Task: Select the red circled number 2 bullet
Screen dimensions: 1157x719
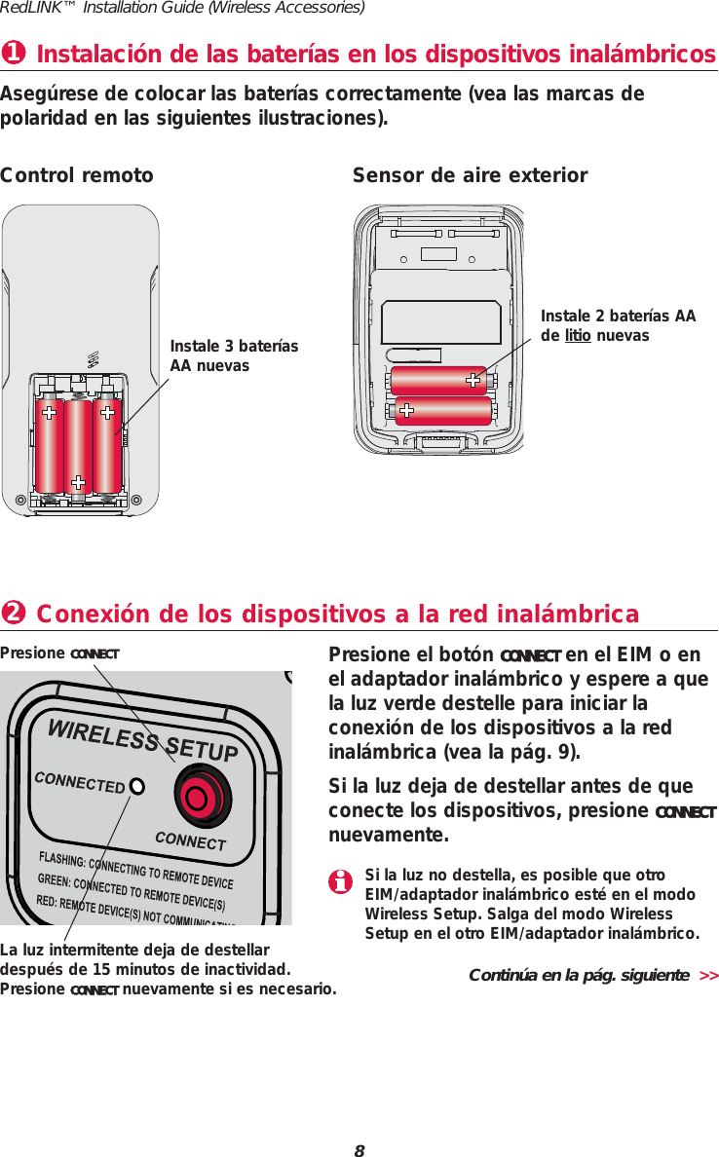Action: coord(13,614)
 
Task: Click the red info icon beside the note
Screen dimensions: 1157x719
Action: coord(340,882)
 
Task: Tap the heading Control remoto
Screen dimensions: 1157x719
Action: coord(77,175)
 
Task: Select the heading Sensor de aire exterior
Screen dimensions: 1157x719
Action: coord(470,175)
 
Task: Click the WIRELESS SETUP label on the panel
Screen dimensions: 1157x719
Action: coord(143,741)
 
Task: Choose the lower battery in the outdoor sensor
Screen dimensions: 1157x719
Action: coord(442,411)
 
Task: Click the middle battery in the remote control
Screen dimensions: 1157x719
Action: coord(78,444)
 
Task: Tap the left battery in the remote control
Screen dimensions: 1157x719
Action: coord(49,444)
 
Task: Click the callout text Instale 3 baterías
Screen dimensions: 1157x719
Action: coord(234,347)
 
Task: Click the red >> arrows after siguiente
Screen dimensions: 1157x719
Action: coord(708,975)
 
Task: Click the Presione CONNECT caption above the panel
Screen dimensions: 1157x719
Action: coord(59,653)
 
